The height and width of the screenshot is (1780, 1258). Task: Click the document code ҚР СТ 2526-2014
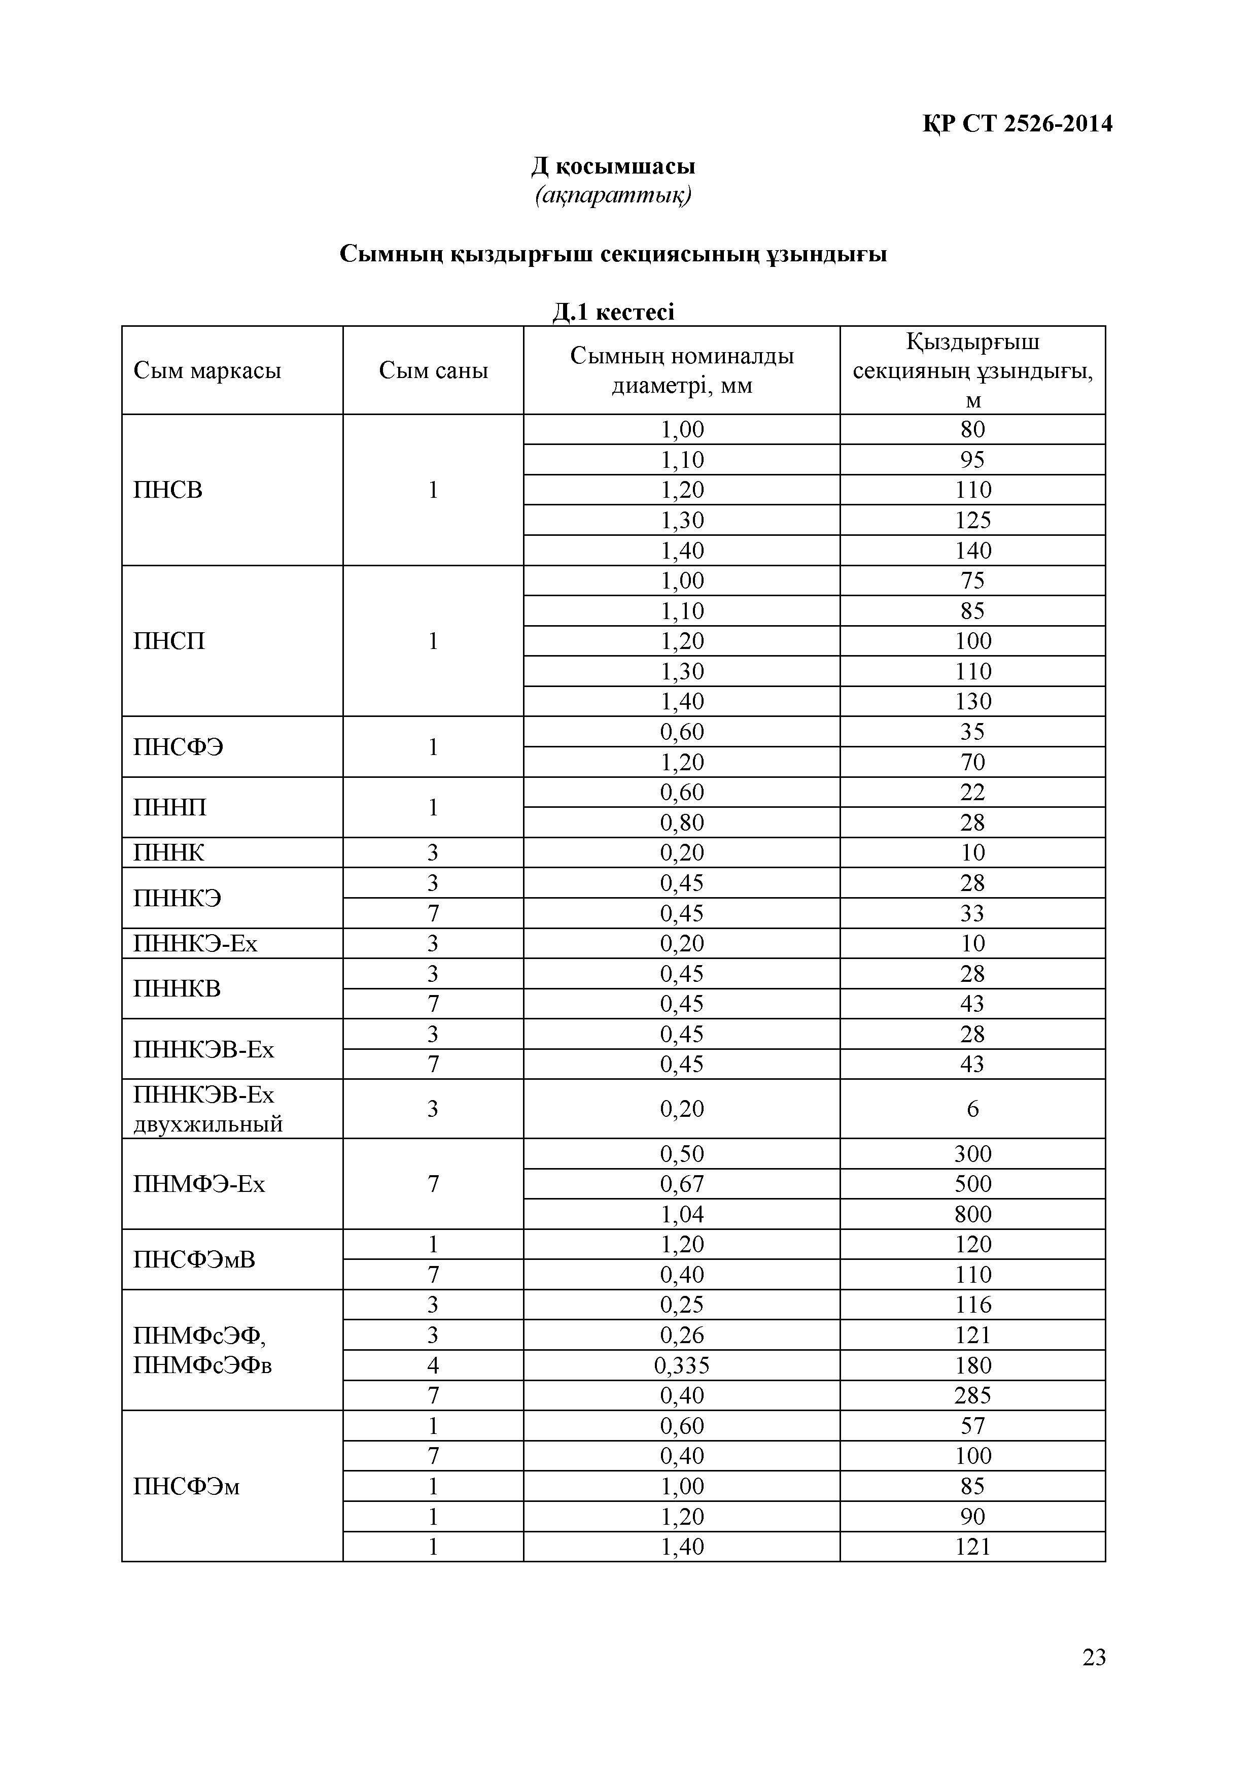point(1017,124)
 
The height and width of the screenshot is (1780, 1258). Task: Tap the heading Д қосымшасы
point(613,166)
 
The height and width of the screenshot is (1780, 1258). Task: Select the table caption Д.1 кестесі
point(613,312)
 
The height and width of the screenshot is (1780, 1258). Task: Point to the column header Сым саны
point(433,370)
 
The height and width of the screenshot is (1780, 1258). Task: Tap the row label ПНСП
point(169,641)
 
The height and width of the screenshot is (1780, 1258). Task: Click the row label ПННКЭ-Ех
point(195,943)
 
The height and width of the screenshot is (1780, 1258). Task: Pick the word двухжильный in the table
point(208,1124)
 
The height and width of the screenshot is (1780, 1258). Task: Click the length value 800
point(973,1214)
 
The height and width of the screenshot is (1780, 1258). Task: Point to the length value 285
point(973,1395)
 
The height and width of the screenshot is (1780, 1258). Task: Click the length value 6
point(973,1109)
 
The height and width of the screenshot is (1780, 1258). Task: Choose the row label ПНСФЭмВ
point(194,1260)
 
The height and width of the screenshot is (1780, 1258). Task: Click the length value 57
point(973,1426)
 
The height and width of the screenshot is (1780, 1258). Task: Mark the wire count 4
point(433,1365)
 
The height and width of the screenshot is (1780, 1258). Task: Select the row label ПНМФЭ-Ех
point(199,1184)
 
